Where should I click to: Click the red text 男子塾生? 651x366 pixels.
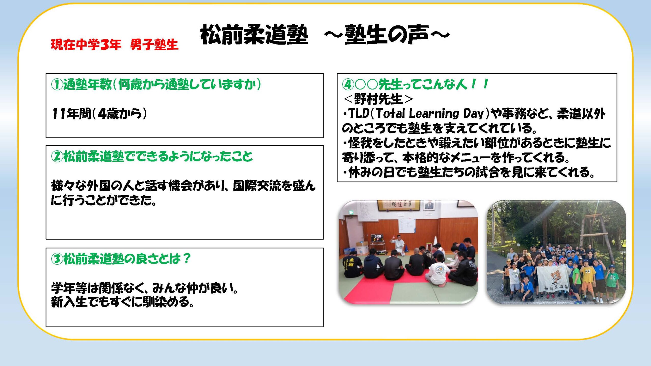tap(154, 45)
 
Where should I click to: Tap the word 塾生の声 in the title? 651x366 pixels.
tap(387, 35)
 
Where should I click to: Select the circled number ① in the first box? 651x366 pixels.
tap(57, 84)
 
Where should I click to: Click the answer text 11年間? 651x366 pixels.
tap(71, 114)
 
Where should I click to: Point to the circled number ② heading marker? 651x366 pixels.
tap(57, 156)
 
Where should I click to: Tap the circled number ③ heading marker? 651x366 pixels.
tap(57, 259)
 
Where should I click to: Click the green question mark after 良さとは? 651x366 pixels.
tap(187, 259)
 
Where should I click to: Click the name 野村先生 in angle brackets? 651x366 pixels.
tap(378, 99)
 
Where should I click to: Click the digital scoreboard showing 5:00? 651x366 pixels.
tap(378, 238)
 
